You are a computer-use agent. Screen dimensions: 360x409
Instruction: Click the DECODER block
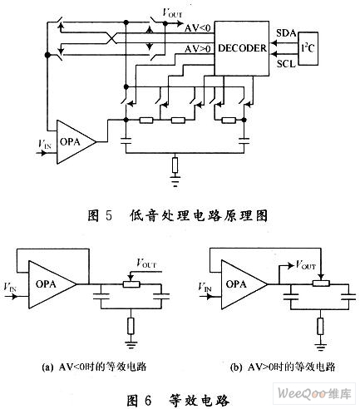242,48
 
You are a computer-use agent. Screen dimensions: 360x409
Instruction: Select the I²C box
308,49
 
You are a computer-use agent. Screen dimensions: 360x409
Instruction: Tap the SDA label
286,33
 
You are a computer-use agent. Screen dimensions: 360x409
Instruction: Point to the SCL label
286,64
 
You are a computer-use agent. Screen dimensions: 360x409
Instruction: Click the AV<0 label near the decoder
198,28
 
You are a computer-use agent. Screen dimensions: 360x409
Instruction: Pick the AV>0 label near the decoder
198,49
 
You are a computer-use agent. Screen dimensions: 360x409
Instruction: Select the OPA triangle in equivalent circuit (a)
52,284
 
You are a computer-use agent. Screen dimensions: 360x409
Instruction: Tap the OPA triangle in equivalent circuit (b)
244,284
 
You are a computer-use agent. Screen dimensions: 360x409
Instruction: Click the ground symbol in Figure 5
175,181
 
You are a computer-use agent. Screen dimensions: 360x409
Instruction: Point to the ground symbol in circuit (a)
131,345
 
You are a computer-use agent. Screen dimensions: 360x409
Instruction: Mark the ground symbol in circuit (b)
321,347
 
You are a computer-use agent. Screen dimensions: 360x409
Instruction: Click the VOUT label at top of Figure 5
172,12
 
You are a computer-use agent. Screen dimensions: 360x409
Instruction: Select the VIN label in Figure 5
44,144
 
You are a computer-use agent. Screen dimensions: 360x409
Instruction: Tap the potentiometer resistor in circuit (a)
131,284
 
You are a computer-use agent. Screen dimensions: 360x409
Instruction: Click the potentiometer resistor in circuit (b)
321,283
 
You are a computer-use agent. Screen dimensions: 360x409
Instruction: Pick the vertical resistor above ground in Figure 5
175,165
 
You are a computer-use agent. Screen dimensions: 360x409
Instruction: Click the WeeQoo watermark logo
314,393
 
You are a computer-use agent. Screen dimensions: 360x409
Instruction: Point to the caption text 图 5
100,215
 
